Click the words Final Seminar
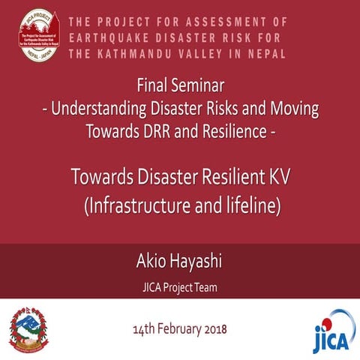pyautogui.click(x=180, y=83)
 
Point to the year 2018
pyautogui.click(x=215, y=329)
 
